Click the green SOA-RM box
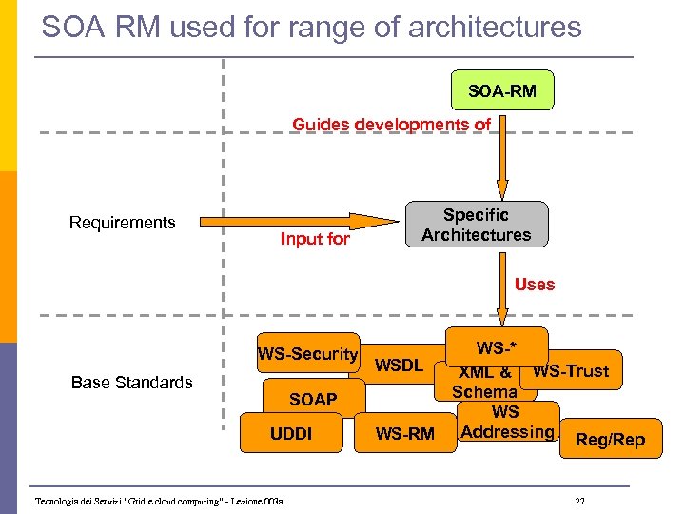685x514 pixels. tap(501, 91)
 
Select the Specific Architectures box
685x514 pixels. tap(477, 225)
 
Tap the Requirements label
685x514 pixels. tap(122, 223)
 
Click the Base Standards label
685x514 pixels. tap(131, 382)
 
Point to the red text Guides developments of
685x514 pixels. tap(391, 125)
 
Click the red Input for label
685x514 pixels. tap(314, 239)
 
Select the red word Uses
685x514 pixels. tap(534, 285)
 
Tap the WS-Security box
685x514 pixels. tap(307, 354)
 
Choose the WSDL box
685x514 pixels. tap(399, 365)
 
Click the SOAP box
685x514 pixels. tap(312, 399)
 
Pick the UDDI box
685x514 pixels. tap(290, 434)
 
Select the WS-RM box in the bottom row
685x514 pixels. tap(405, 435)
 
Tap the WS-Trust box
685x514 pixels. tap(573, 370)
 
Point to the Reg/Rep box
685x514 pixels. tap(610, 439)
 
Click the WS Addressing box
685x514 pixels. tap(507, 423)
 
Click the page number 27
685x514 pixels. tap(580, 502)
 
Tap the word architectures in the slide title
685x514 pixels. tap(495, 27)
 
